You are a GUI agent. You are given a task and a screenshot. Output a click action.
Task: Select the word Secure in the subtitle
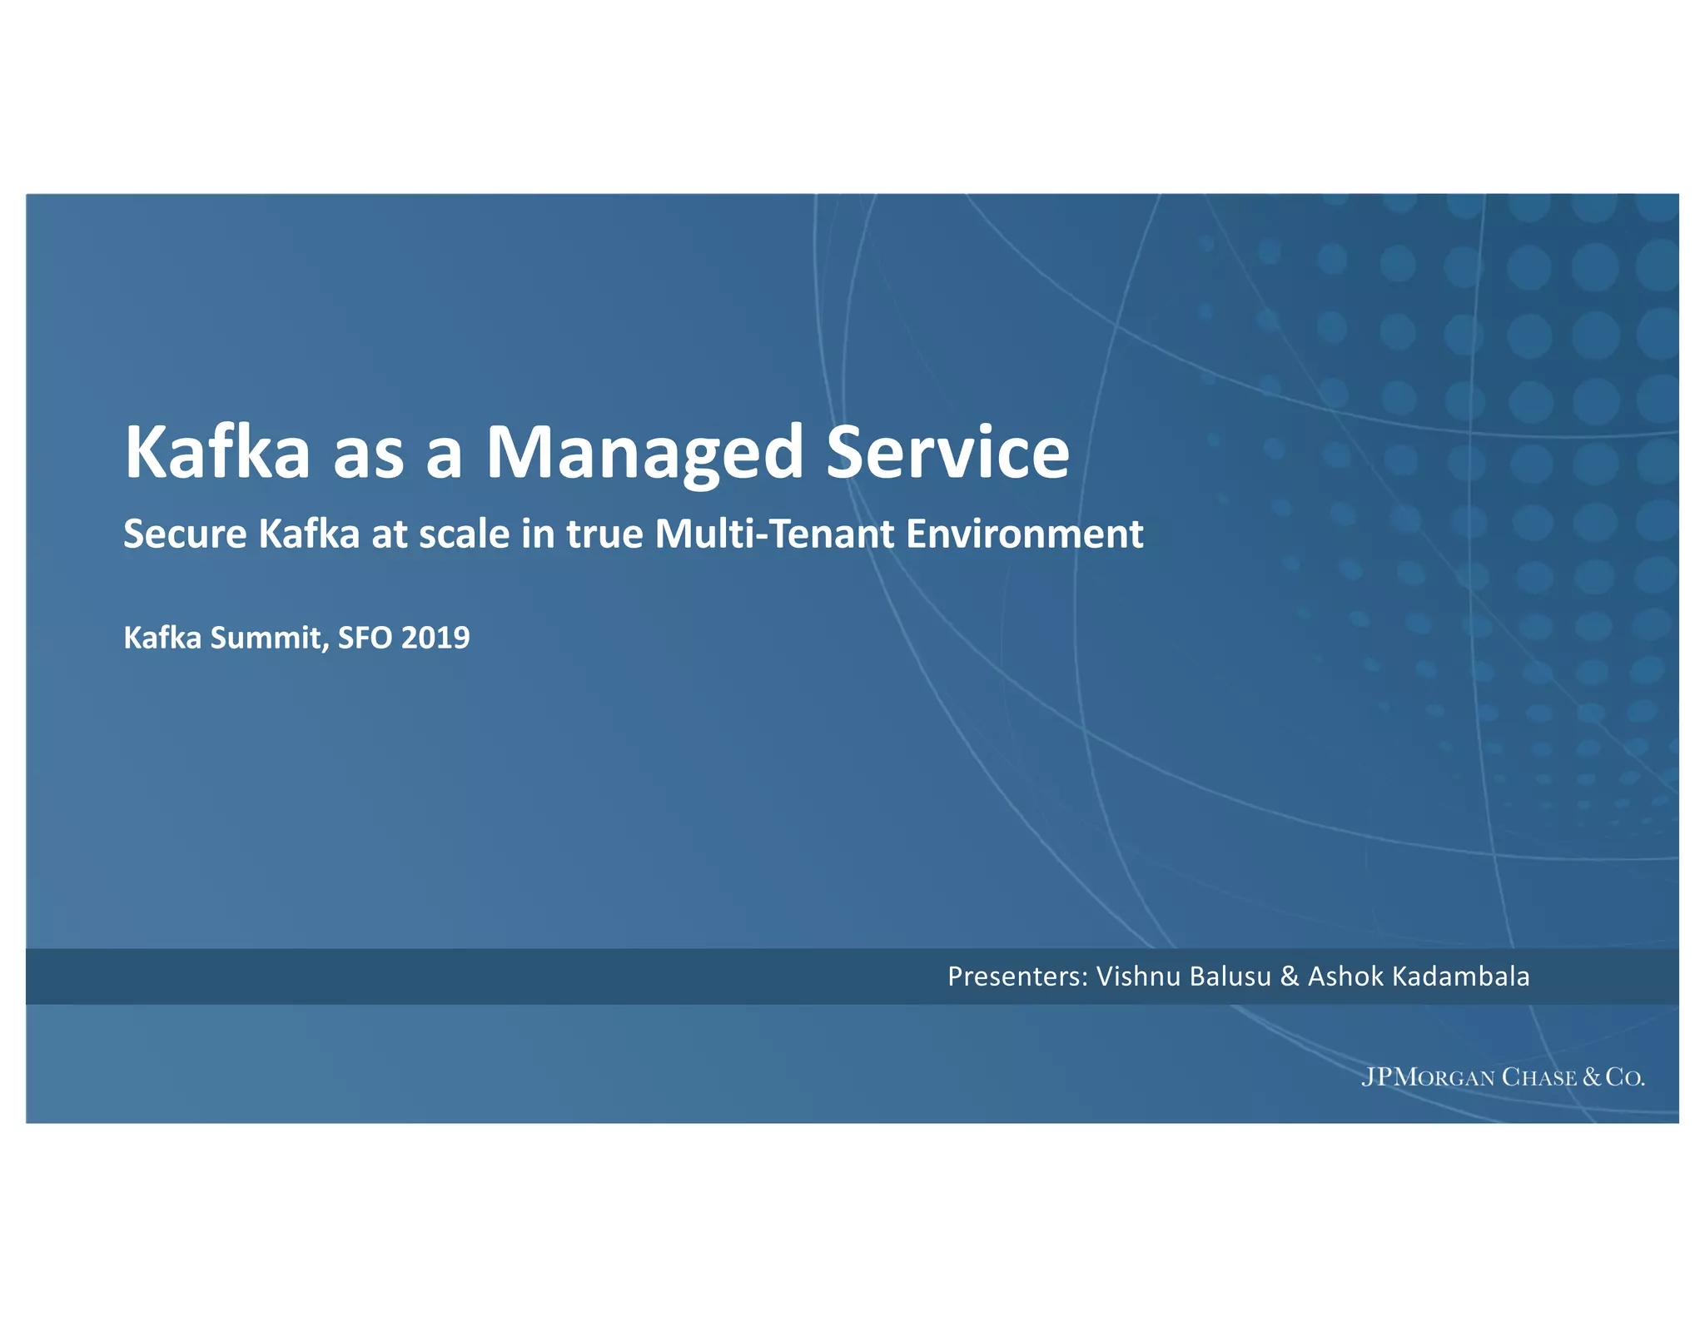(185, 534)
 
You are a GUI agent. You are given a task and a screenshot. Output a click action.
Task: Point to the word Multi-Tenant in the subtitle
(774, 534)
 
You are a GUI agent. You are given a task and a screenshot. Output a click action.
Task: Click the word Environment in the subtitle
(1024, 534)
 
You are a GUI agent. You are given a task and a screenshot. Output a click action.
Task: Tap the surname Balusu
(1230, 977)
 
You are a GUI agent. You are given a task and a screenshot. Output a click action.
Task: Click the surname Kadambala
(1461, 977)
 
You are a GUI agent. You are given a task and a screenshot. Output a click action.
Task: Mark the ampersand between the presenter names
(1290, 977)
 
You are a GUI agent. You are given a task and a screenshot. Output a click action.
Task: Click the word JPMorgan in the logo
(1428, 1077)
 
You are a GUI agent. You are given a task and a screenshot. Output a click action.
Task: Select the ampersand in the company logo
(1592, 1077)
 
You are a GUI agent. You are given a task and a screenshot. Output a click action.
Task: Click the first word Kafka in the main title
(217, 453)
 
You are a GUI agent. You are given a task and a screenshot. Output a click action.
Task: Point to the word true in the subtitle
(605, 534)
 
